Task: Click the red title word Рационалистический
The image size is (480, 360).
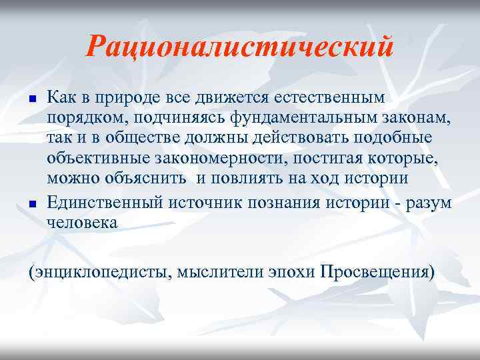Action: click(x=240, y=47)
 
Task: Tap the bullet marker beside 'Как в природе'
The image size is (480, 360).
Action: click(x=32, y=99)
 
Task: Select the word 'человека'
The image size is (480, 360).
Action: click(x=82, y=223)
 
